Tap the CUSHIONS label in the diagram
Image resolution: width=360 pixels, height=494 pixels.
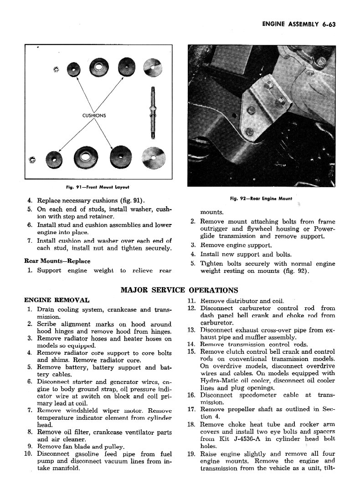(94, 115)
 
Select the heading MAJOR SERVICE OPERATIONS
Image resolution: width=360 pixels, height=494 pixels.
(179, 290)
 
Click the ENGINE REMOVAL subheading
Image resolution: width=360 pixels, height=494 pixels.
(57, 300)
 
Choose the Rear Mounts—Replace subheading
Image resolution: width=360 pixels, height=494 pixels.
(57, 261)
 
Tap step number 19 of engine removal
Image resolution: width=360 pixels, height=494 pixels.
(191, 454)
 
